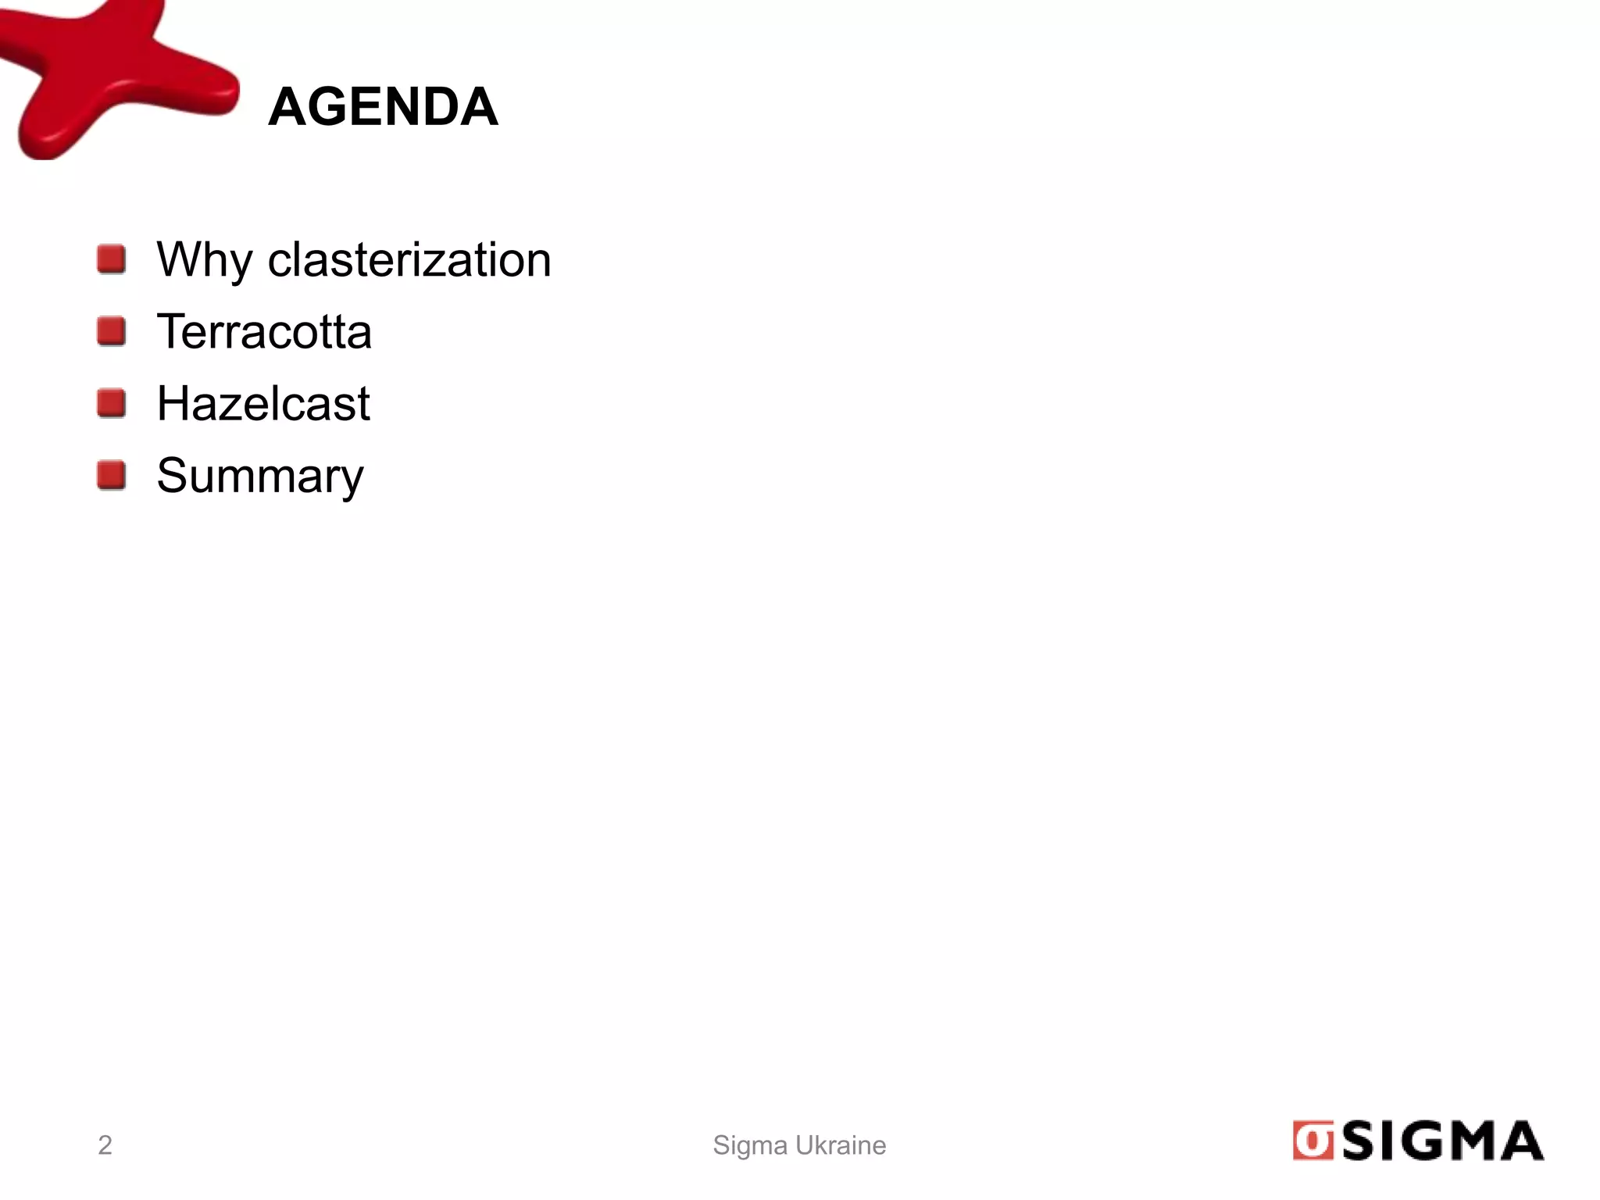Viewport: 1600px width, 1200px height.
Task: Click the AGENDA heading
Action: (383, 106)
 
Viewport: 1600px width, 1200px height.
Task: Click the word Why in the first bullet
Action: (204, 259)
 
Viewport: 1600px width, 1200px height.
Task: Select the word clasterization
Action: (409, 259)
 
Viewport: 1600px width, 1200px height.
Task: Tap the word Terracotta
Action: (264, 331)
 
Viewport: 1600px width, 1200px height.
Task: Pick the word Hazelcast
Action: (263, 403)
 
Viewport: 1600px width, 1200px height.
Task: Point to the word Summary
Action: (260, 475)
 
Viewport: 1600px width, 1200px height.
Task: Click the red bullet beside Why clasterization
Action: (112, 259)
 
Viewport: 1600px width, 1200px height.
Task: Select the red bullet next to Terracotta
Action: (112, 331)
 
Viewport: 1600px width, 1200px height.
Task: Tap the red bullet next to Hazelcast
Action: (112, 403)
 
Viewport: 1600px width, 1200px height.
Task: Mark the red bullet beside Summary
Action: (112, 475)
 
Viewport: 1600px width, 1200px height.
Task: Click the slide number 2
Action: (105, 1145)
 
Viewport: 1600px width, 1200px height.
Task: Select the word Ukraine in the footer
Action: (841, 1145)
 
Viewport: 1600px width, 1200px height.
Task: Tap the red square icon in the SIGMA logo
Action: (1312, 1141)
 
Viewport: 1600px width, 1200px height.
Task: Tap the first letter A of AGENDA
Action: (287, 106)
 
